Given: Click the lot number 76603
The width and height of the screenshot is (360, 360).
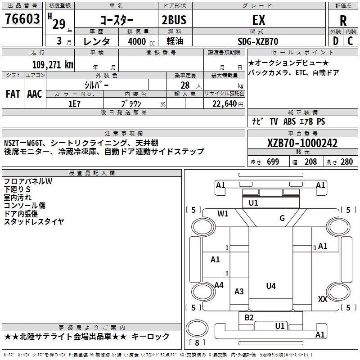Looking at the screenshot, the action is tap(22, 20).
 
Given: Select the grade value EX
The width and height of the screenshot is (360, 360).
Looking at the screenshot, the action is tap(259, 20).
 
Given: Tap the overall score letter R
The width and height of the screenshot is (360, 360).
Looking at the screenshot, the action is tap(343, 21).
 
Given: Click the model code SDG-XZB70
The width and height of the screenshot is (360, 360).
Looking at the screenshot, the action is tap(258, 41).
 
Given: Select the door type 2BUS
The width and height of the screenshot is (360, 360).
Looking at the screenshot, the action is tap(174, 20).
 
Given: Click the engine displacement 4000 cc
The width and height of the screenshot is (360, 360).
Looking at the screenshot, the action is tap(138, 41).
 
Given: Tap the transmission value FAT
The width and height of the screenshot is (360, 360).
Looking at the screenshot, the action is tap(13, 94).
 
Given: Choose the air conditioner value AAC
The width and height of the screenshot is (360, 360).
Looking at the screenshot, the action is tap(35, 94).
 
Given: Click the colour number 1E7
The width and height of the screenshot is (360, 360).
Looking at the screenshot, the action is tap(74, 103).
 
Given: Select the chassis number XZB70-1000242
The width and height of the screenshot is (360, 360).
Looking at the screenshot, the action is tap(302, 143).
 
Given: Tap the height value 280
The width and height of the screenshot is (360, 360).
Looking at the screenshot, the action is tap(346, 162).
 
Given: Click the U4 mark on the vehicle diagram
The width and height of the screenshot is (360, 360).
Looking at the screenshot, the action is tap(270, 286).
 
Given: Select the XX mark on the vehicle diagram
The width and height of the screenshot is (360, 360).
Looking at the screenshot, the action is tap(322, 299).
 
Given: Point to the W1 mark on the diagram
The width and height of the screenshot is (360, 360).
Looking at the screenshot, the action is tap(223, 214).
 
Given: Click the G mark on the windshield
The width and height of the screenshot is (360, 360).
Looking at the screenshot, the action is tap(282, 218).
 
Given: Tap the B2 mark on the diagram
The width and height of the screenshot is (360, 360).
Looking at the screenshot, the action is tap(249, 317).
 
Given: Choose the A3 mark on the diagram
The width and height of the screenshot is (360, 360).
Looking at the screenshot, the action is tap(239, 292).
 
